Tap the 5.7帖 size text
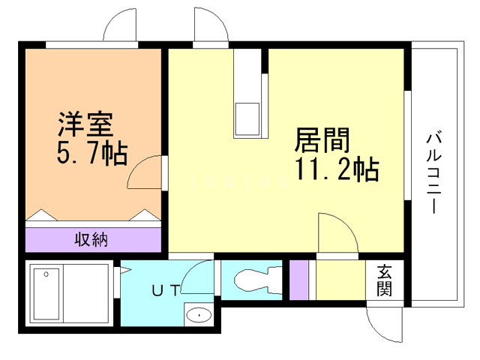click(x=92, y=154)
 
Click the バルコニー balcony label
click(x=433, y=172)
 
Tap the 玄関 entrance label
click(x=384, y=280)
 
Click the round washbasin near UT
click(x=198, y=315)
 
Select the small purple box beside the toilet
click(x=298, y=280)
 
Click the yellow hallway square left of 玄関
click(x=340, y=280)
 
